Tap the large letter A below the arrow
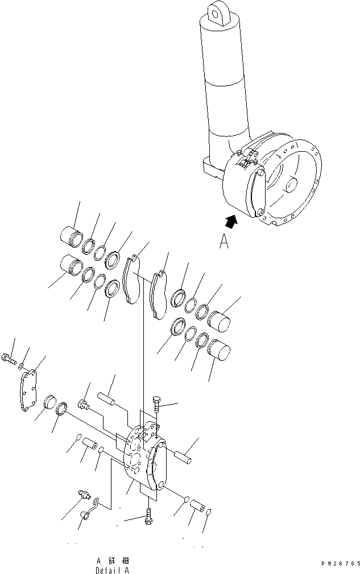click(224, 243)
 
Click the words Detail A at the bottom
click(115, 569)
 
